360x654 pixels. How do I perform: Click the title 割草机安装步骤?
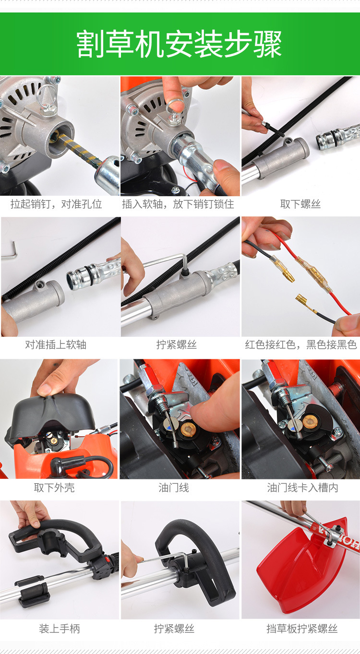click(x=179, y=44)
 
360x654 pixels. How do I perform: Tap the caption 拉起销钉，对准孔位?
click(x=56, y=204)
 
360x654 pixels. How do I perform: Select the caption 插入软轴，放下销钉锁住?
click(x=178, y=204)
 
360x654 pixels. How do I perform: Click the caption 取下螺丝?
click(x=300, y=204)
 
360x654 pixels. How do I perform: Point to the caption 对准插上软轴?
click(x=56, y=345)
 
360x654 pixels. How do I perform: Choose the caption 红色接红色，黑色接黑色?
click(x=301, y=345)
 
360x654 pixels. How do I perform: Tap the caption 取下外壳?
click(x=54, y=488)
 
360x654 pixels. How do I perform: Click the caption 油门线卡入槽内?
click(x=302, y=488)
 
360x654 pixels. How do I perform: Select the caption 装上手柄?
click(x=59, y=629)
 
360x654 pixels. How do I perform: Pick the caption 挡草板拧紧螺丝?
click(x=302, y=629)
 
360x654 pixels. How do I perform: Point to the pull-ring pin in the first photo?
click(x=46, y=99)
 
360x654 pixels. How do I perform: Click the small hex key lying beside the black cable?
click(x=9, y=250)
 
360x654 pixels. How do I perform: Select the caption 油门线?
click(x=174, y=488)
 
